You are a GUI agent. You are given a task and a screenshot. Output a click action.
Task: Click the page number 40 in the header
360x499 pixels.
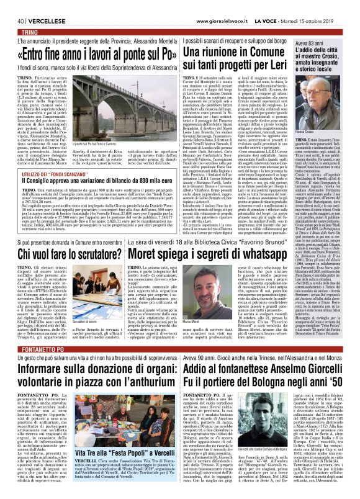12,5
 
